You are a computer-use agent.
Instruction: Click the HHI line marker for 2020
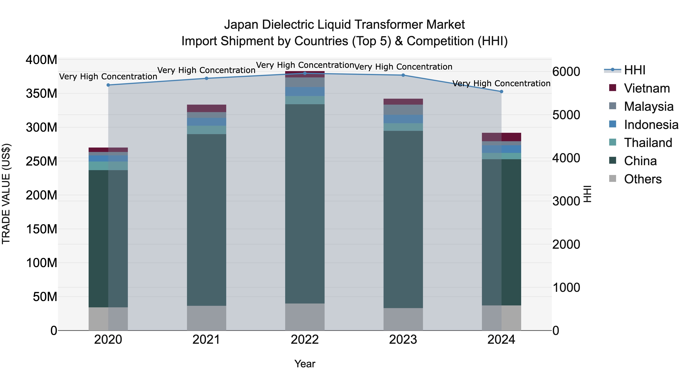pyautogui.click(x=108, y=85)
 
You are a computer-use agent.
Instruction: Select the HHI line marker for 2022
pyautogui.click(x=305, y=73)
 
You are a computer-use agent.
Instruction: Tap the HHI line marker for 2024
pyautogui.click(x=501, y=92)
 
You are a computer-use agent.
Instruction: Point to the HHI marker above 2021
pyautogui.click(x=207, y=78)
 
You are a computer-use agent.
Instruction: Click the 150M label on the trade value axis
pyautogui.click(x=42, y=229)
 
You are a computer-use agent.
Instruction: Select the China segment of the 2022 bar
pyautogui.click(x=305, y=203)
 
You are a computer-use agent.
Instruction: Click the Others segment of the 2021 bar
pyautogui.click(x=207, y=318)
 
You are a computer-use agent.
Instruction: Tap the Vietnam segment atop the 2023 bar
pyautogui.click(x=403, y=102)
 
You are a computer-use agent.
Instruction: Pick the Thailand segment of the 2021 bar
pyautogui.click(x=207, y=130)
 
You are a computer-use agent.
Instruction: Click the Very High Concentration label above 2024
pyautogui.click(x=501, y=84)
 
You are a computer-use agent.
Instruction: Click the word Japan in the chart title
pyautogui.click(x=242, y=25)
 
